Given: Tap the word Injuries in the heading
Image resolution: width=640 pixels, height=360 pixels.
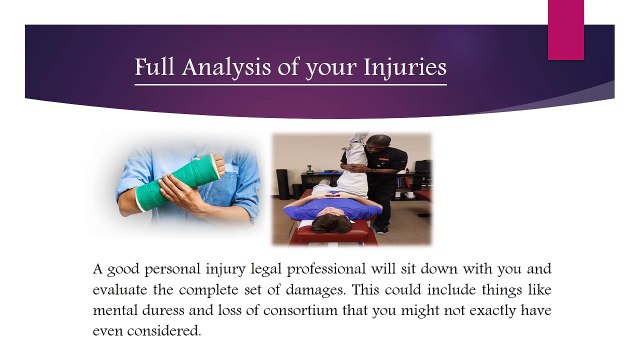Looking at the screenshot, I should pos(398,69).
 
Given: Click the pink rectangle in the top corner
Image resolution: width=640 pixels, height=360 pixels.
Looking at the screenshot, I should pos(565,27).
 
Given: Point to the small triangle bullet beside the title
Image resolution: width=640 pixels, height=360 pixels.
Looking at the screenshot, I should pos(119,71).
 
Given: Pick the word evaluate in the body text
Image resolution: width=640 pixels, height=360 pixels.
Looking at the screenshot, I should pos(123,290).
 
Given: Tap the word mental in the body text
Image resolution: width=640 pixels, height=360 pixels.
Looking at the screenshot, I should pos(117,310).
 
